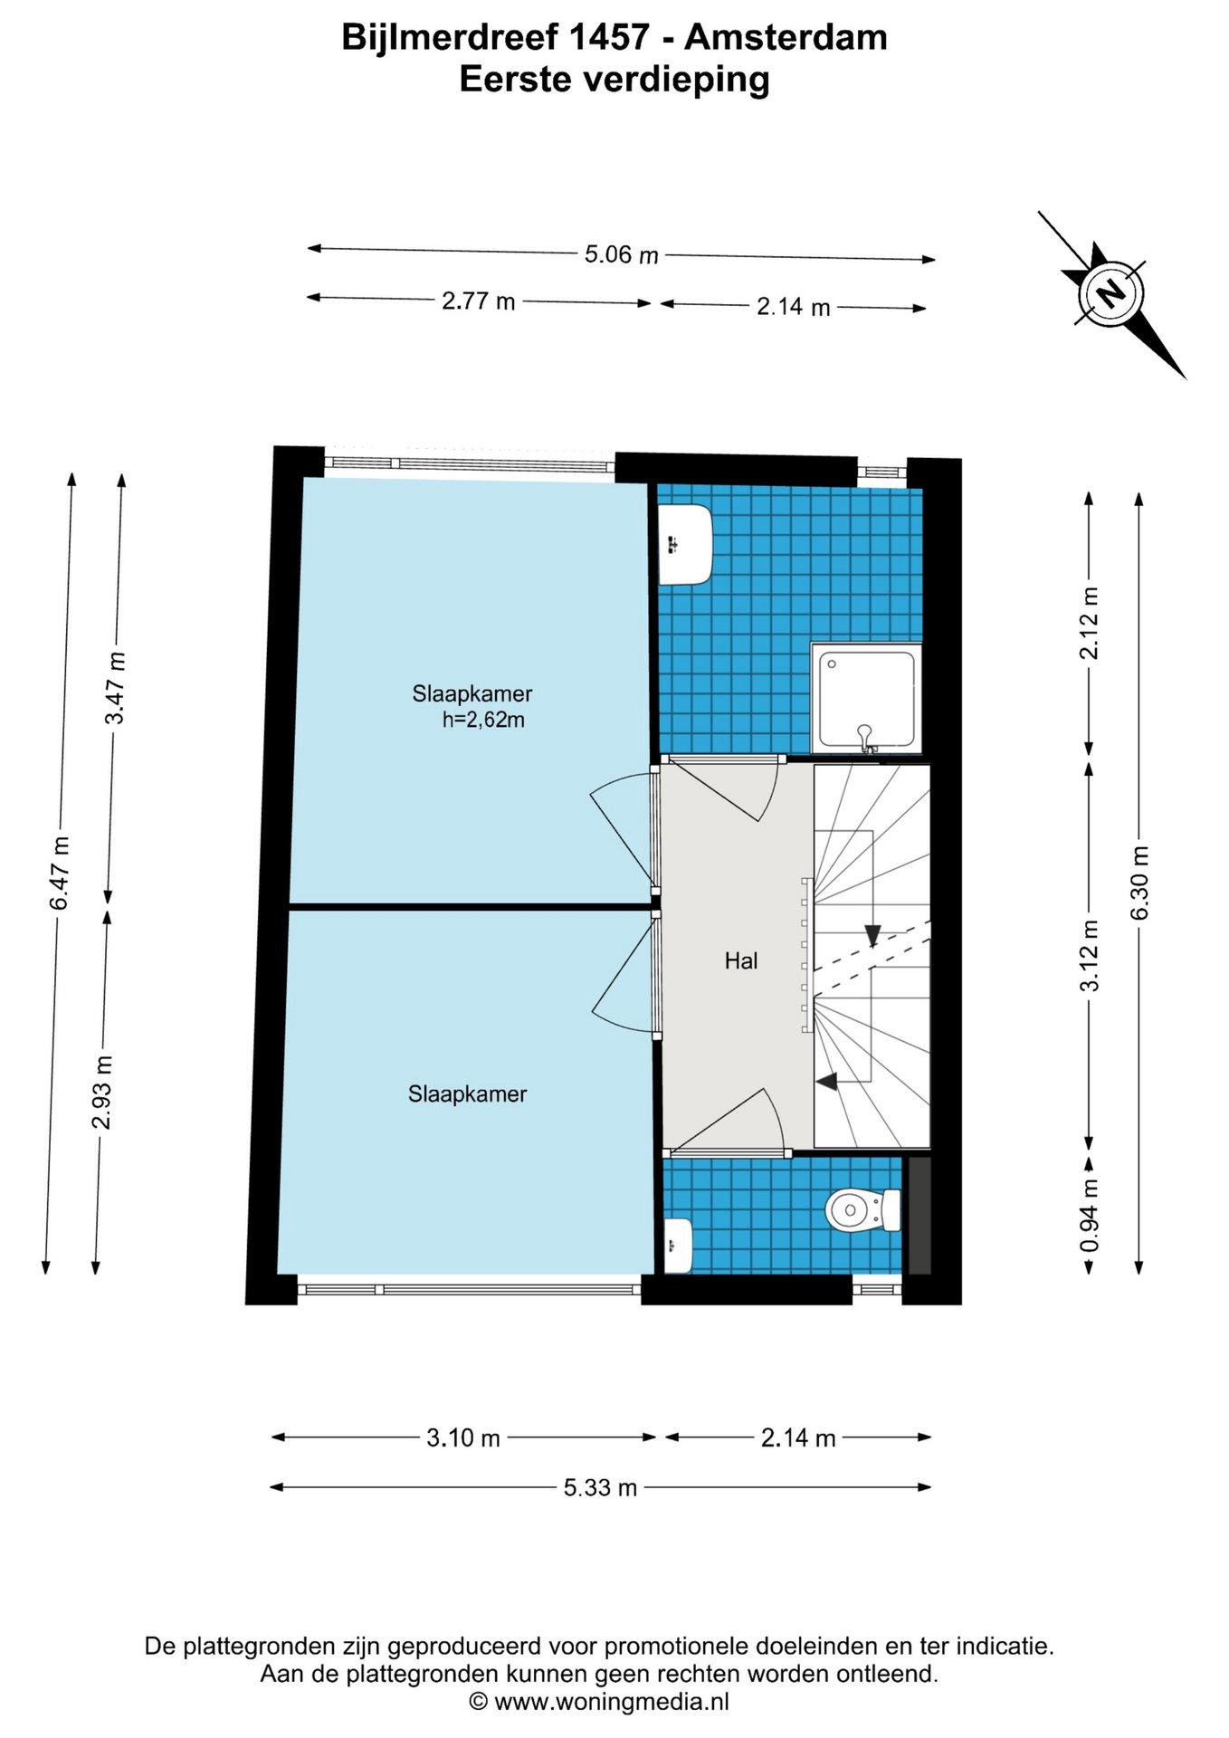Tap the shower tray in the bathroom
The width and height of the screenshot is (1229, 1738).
coord(866,697)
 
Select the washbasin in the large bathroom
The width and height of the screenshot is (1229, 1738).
coord(684,544)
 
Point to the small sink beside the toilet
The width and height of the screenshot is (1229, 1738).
coord(678,1246)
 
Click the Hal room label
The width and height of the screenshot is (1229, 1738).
coord(741,960)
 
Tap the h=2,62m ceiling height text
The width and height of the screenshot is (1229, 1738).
coord(483,721)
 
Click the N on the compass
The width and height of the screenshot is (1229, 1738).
coord(1110,293)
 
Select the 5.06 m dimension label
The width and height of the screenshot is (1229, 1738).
coord(621,254)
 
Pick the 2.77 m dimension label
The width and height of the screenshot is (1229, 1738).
coord(478,301)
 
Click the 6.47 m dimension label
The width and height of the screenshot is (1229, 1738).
coord(60,874)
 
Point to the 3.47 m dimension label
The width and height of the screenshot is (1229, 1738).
coord(116,688)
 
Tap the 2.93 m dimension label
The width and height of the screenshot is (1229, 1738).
coord(102,1092)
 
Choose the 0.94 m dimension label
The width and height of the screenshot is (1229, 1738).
coord(1090,1216)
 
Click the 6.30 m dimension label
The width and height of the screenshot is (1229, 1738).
coord(1139,883)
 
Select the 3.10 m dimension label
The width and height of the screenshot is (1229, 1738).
coord(463,1437)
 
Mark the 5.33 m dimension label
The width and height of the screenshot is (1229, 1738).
coord(600,1487)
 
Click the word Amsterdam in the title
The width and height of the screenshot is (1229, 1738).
coord(786,37)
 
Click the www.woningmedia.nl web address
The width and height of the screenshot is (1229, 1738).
coord(612,1701)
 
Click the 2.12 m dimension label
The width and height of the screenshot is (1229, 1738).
coord(1090,623)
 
